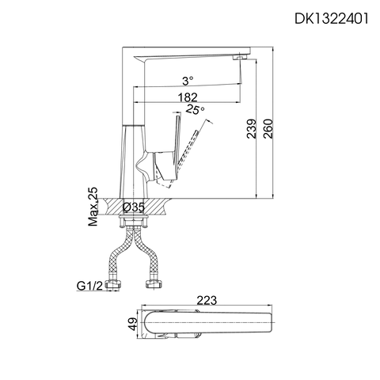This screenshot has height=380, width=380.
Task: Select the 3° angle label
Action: click(x=187, y=81)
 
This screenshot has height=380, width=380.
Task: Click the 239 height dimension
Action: click(x=252, y=124)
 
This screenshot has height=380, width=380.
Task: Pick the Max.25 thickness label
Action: click(x=93, y=207)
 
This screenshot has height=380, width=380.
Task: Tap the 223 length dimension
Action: click(x=207, y=299)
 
